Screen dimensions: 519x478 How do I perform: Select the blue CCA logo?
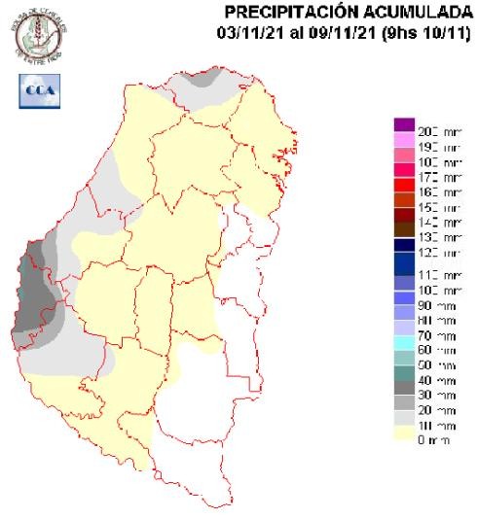pyautogui.click(x=36, y=90)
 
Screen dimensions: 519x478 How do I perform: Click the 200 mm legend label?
pyautogui.click(x=437, y=130)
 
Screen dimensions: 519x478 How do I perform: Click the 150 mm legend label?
pyautogui.click(x=437, y=207)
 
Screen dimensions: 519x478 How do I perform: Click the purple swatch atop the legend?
pyautogui.click(x=404, y=124)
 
